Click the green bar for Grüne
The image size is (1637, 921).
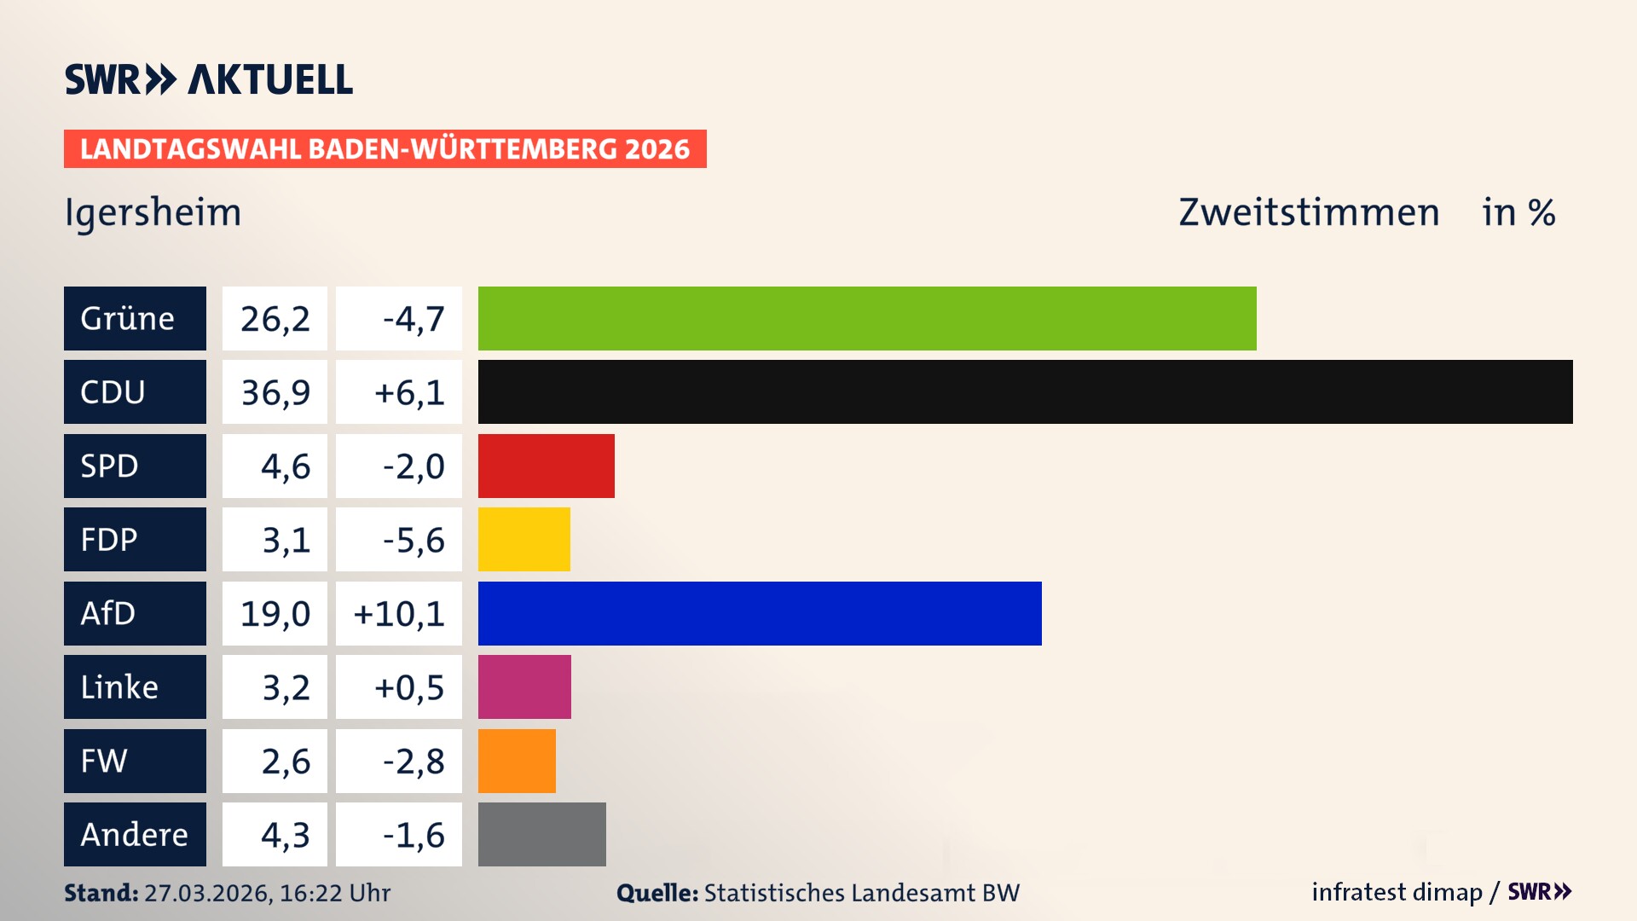point(867,318)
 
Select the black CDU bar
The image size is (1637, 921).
point(1025,391)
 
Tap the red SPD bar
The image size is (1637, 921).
point(546,466)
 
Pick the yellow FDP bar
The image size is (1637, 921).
point(523,539)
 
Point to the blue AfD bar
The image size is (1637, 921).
point(760,613)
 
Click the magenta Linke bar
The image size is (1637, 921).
point(524,686)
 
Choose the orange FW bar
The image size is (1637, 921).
point(517,761)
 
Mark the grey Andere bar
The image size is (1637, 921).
point(541,834)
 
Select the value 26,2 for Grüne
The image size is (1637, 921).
point(275,318)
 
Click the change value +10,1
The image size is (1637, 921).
point(398,613)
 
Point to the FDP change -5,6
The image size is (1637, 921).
point(413,539)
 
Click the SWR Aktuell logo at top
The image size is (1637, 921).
point(208,79)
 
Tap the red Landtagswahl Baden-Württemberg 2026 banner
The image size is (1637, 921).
point(385,148)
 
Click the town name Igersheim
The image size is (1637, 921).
point(153,212)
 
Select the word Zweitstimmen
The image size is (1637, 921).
point(1309,212)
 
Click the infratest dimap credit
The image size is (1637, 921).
point(1397,892)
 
